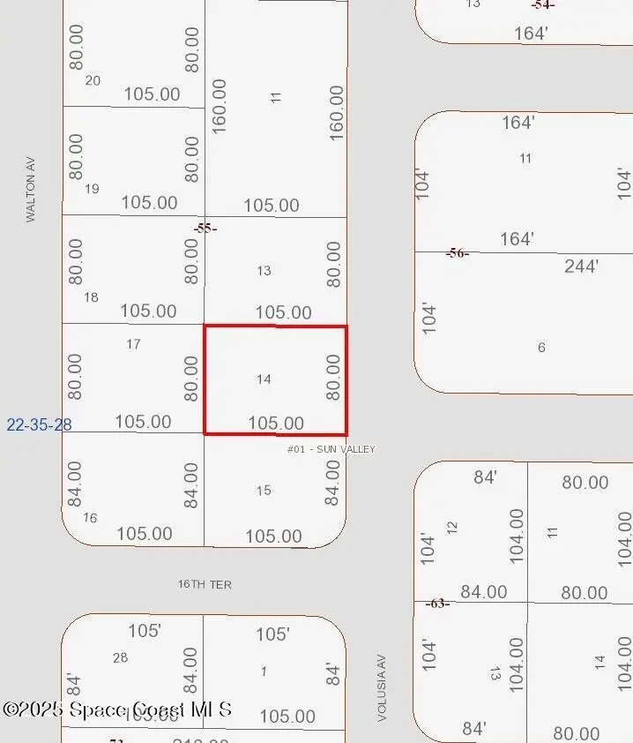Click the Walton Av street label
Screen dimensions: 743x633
31,189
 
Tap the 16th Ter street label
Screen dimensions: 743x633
205,584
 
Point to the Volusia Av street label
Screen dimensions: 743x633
383,687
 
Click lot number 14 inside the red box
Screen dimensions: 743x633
264,379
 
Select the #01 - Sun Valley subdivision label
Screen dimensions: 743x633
331,449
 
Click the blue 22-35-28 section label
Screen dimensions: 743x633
39,424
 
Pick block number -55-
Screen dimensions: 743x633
205,228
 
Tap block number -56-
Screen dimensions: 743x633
457,253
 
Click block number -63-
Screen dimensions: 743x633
437,604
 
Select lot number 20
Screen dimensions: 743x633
93,80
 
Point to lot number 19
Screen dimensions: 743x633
92,189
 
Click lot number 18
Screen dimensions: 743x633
91,297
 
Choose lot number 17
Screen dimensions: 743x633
133,344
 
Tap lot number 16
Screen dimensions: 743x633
90,518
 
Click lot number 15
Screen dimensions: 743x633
264,491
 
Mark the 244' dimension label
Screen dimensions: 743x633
581,266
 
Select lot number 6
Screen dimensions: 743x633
541,348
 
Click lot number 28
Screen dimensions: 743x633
121,657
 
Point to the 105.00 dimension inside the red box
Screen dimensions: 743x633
276,424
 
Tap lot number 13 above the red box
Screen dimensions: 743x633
264,271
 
